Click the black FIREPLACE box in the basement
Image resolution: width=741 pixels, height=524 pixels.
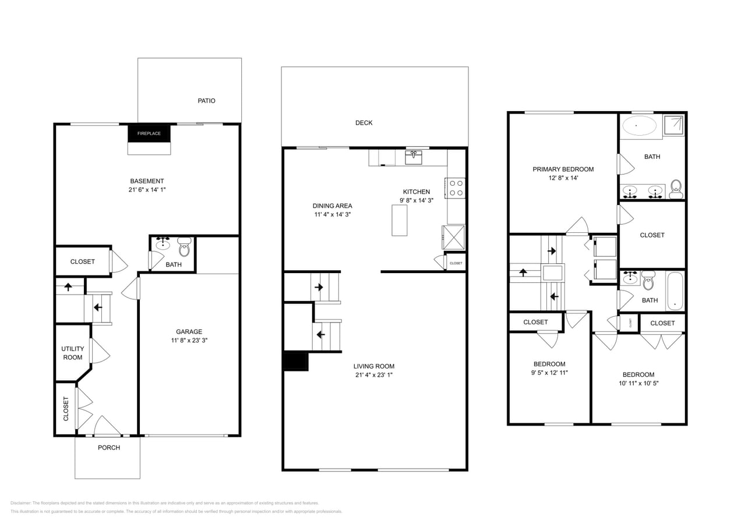tap(149, 133)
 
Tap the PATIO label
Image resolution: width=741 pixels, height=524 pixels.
tap(206, 101)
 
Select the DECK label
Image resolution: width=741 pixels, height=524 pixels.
tap(364, 123)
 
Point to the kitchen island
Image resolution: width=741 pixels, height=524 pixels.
tap(399, 220)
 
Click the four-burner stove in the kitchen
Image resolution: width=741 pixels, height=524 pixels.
tap(456, 187)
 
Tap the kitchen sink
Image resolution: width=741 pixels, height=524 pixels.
tap(414, 157)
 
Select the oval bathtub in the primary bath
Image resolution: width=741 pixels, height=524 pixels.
tap(639, 125)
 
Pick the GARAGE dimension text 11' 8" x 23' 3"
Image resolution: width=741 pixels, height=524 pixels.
tap(189, 340)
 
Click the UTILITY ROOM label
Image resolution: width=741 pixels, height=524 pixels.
tap(73, 353)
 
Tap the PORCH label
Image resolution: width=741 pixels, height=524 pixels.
tap(108, 447)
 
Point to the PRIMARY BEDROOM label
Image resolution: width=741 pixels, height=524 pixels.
tap(563, 169)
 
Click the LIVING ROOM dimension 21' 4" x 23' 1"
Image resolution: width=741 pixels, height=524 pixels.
tap(373, 375)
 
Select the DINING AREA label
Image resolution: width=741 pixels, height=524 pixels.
tap(332, 206)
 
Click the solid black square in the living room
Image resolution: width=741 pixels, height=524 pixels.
tap(295, 362)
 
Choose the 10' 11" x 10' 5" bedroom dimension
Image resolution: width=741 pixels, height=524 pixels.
tap(638, 383)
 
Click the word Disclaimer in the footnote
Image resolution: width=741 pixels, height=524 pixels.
tap(20, 503)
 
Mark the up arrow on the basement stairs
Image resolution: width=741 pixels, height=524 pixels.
tap(68, 286)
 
